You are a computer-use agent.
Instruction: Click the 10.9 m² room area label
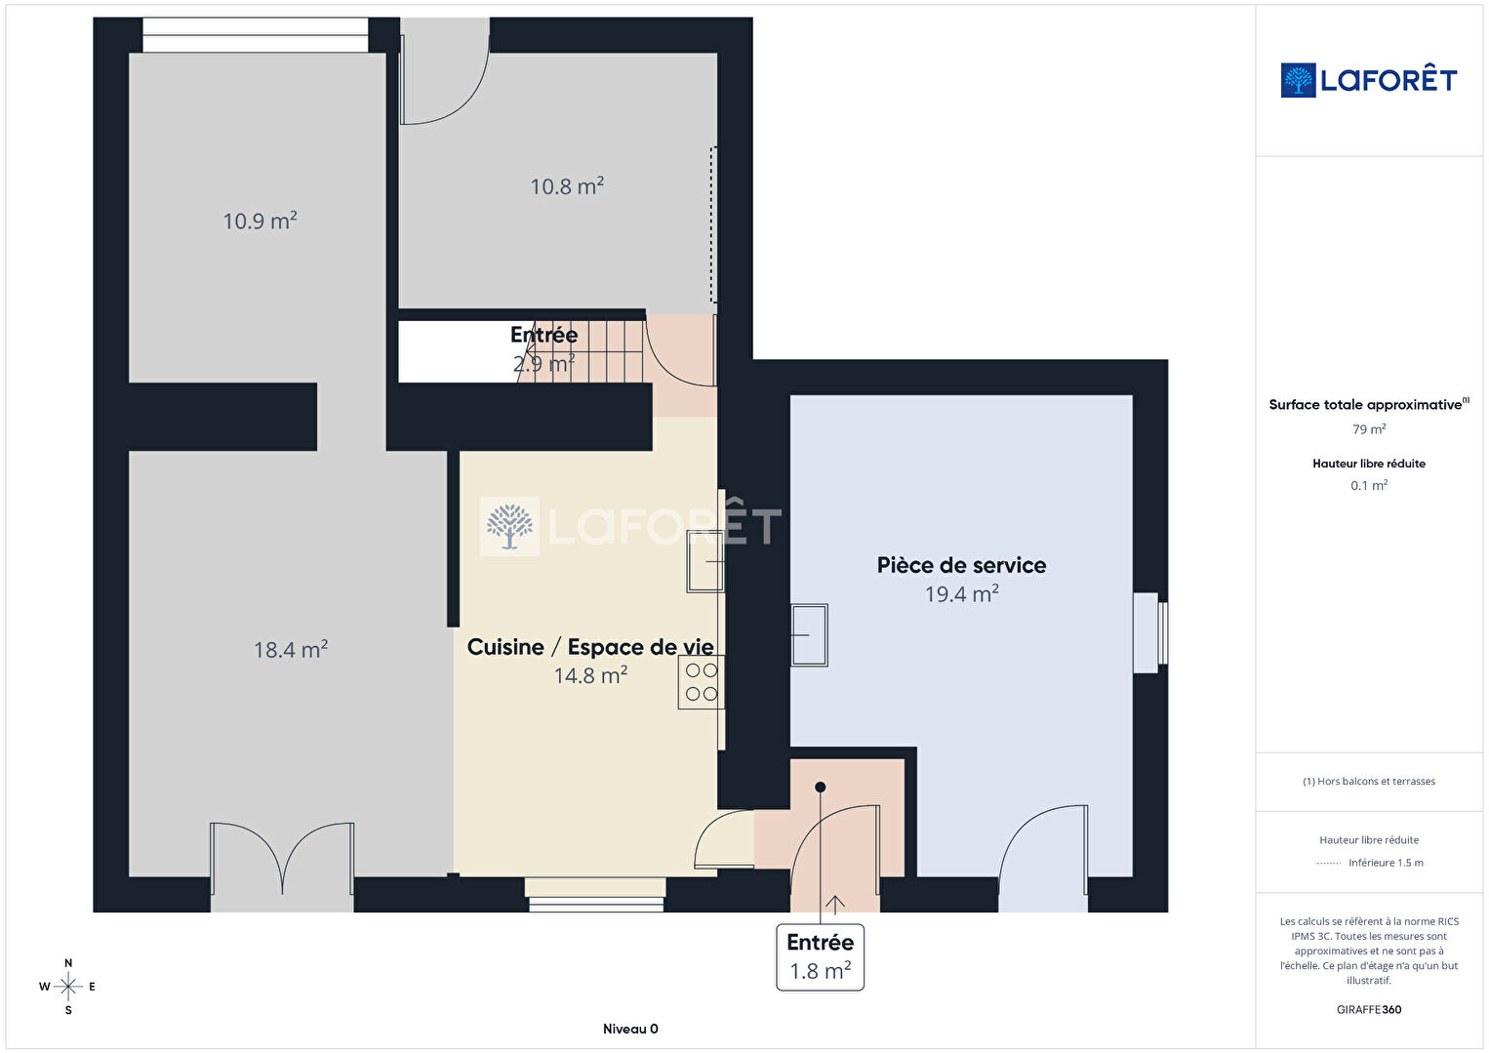click(260, 221)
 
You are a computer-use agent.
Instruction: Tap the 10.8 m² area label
click(567, 186)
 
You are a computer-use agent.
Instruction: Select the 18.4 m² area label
click(291, 650)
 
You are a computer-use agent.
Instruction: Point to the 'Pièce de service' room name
click(961, 565)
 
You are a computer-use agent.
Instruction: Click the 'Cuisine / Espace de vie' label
click(590, 647)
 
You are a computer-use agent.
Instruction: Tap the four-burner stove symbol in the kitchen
click(702, 682)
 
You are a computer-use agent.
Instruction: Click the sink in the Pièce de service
click(809, 635)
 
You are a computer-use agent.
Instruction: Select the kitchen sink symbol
click(705, 562)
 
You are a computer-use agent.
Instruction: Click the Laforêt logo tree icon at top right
click(1298, 80)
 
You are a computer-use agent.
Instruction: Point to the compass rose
click(67, 987)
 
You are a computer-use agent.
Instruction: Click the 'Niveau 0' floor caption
click(630, 1029)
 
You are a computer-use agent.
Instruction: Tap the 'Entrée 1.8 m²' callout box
click(821, 957)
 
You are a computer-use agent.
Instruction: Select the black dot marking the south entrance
click(821, 788)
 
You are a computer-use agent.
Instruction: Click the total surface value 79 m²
click(1369, 429)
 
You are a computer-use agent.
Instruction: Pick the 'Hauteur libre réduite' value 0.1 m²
click(1369, 485)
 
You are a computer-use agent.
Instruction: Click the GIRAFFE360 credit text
click(1369, 1010)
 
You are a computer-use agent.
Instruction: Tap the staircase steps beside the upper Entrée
click(582, 351)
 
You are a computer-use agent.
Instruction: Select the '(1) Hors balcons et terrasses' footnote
click(1369, 781)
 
